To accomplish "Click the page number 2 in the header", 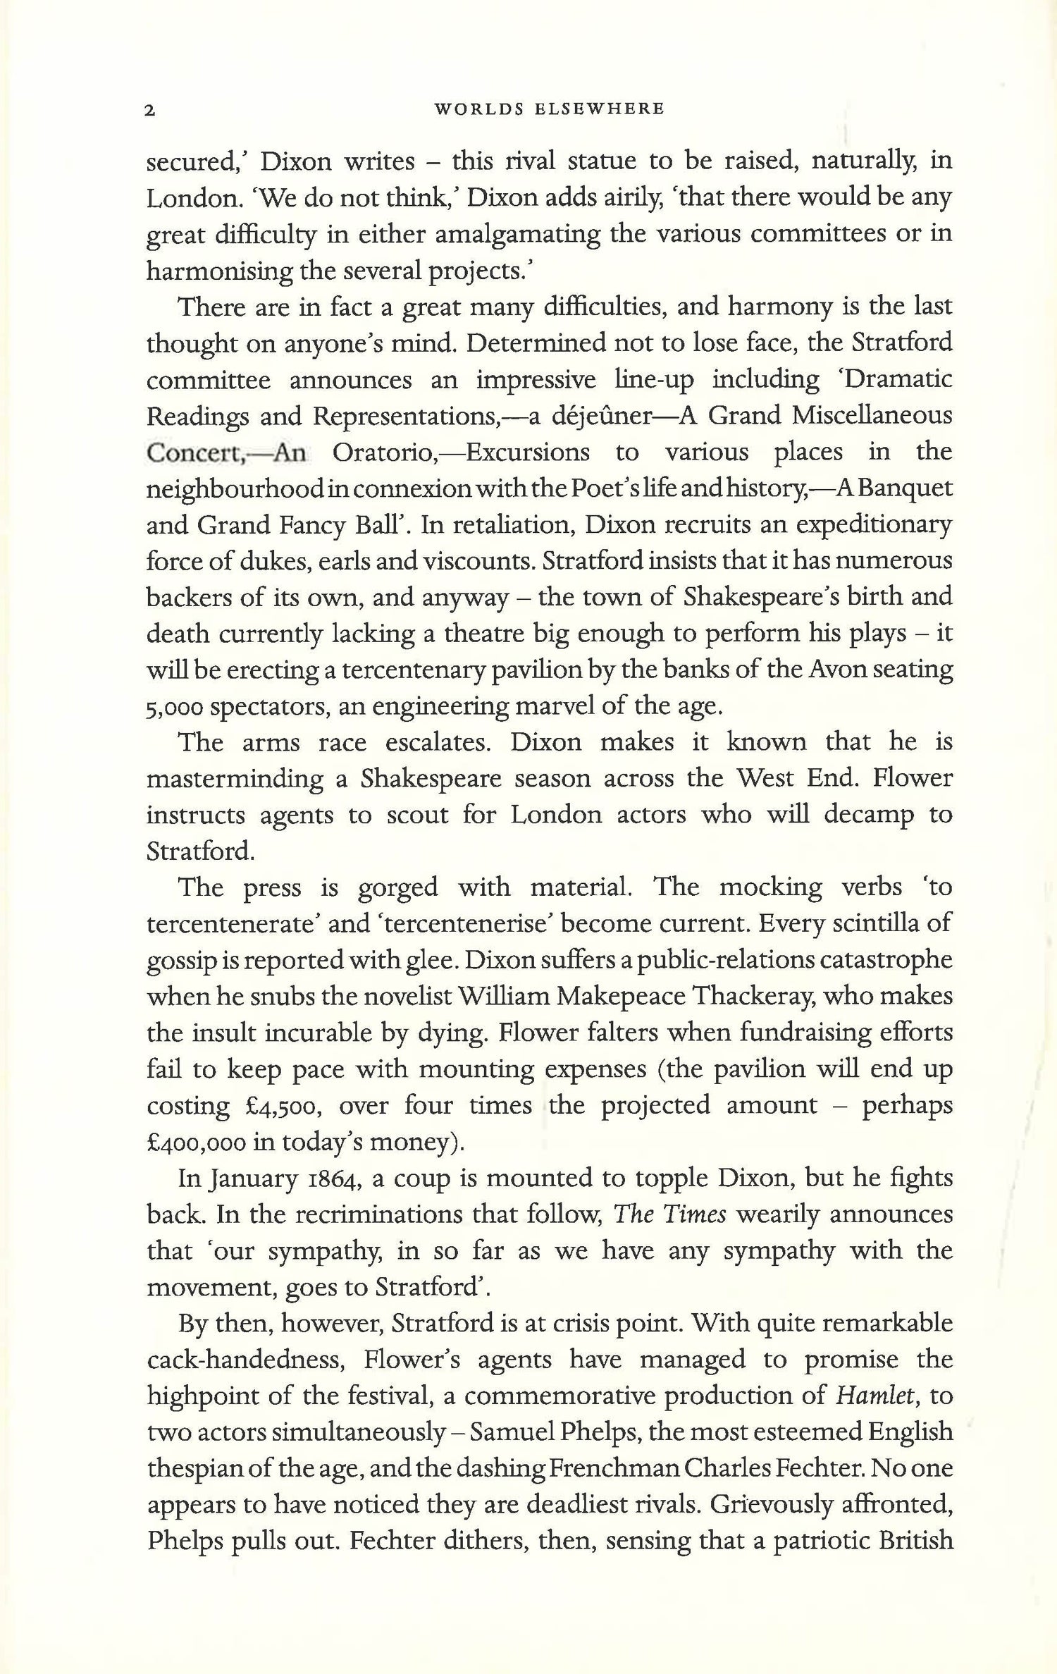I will [149, 111].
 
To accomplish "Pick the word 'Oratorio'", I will [383, 453].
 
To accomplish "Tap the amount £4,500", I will [278, 1105].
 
